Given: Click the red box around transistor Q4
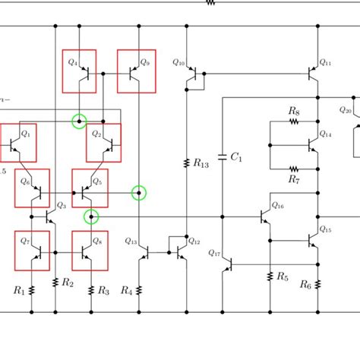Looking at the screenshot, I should [x=79, y=71].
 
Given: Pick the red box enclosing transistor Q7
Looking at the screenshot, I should [x=32, y=251].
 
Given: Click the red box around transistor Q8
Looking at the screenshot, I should [x=90, y=251].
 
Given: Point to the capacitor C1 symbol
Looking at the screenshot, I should [x=222, y=158].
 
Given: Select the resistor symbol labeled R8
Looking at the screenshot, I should [x=294, y=122].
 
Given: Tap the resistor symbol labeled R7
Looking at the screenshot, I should [x=294, y=169].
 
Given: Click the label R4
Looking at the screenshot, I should [x=126, y=290].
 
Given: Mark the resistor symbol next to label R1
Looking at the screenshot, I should [x=32, y=288].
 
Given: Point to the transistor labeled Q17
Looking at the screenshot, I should [x=228, y=264].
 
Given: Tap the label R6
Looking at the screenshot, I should [x=305, y=285].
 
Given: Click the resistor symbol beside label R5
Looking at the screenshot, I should [x=270, y=277].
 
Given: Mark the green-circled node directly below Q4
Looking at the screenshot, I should [x=79, y=121].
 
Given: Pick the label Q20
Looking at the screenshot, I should [x=345, y=109].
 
